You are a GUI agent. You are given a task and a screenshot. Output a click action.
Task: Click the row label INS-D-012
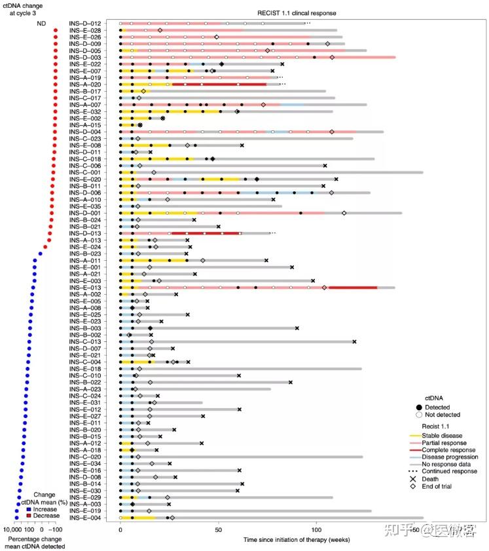coord(86,24)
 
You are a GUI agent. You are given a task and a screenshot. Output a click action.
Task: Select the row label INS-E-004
coord(86,518)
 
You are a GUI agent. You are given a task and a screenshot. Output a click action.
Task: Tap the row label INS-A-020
coord(86,85)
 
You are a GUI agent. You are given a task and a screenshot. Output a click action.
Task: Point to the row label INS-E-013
coord(86,288)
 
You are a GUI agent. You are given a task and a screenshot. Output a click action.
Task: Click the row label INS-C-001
coord(86,172)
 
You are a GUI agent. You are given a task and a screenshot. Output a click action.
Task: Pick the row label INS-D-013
coord(86,233)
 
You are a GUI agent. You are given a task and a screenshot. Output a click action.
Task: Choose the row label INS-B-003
coord(86,328)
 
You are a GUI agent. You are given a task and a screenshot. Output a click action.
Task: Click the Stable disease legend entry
coord(443,435)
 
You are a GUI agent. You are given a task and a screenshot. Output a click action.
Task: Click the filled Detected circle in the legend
coord(413,406)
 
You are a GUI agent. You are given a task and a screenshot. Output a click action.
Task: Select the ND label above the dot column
coord(41,24)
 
